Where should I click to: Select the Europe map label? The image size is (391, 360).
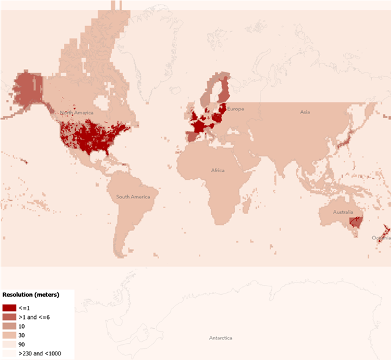(235, 109)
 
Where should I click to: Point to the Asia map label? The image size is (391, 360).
(304, 112)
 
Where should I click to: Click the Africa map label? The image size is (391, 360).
(218, 170)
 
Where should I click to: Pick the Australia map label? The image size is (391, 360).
(343, 213)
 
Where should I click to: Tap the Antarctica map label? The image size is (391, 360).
(220, 338)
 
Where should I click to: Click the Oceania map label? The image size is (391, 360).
(381, 237)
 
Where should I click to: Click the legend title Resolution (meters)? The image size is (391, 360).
(31, 295)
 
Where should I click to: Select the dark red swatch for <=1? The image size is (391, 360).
(9, 308)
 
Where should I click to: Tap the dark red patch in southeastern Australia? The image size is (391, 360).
(356, 224)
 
